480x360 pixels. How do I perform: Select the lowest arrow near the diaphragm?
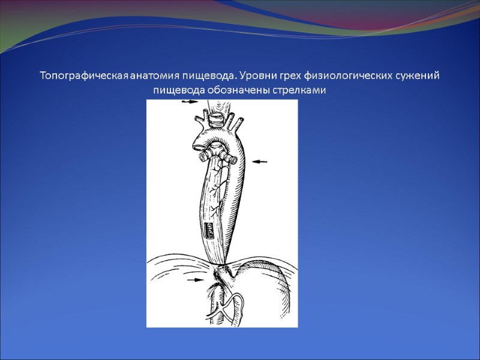tap(195, 280)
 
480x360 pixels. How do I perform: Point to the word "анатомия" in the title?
tap(154, 76)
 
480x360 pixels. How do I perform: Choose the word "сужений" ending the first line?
tap(419, 76)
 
